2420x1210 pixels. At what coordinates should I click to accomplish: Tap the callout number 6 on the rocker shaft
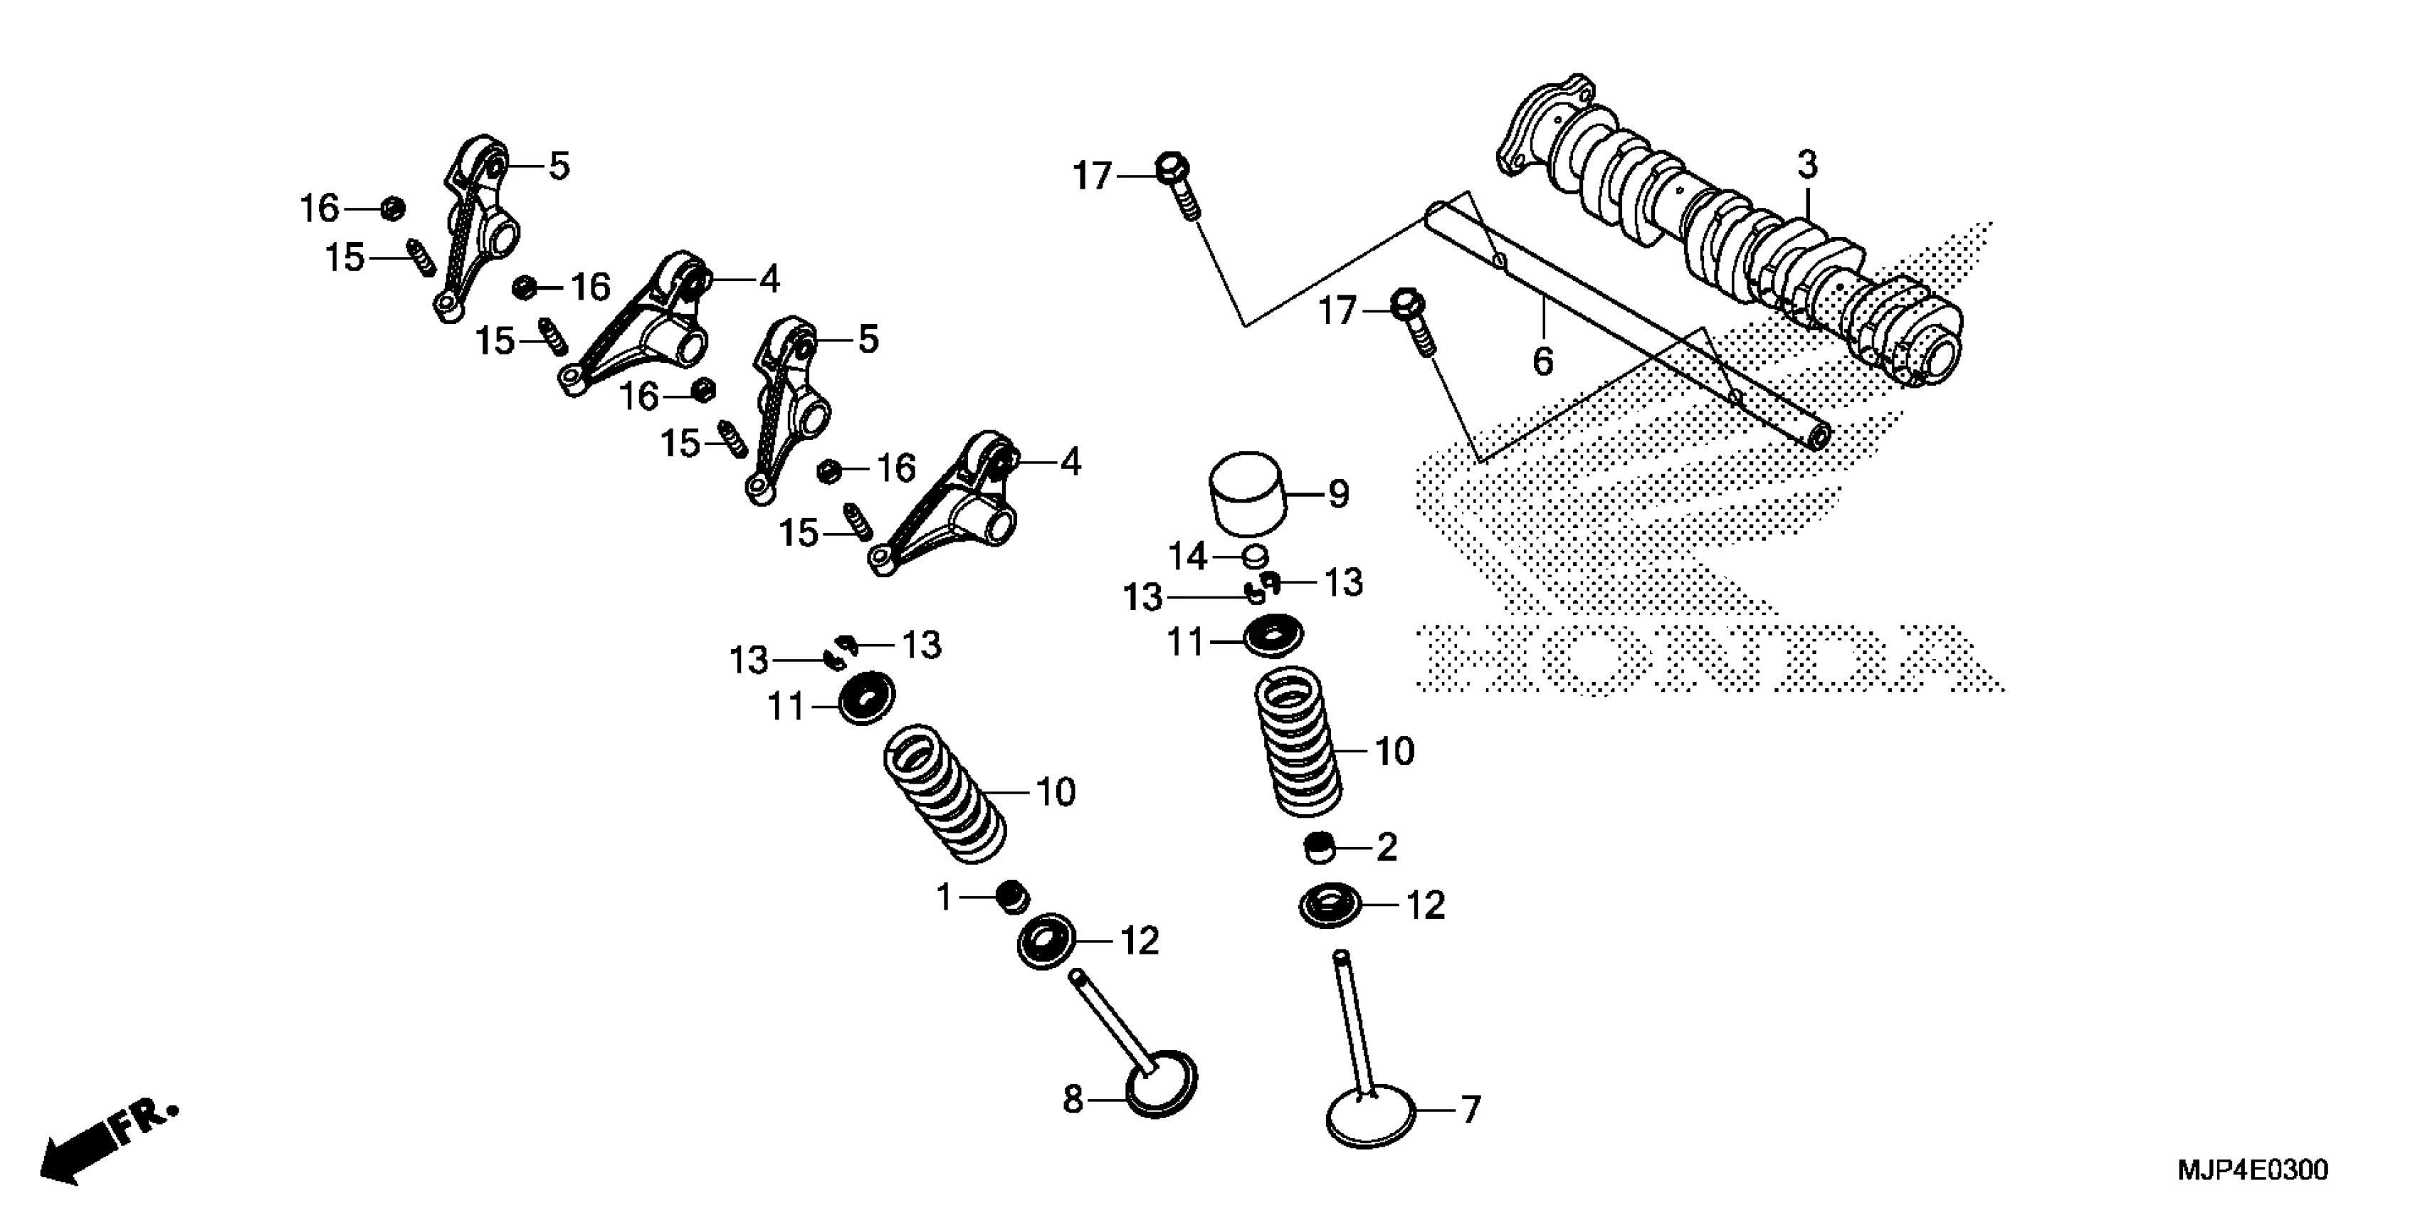1542,361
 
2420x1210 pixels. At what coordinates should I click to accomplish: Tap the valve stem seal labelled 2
1321,848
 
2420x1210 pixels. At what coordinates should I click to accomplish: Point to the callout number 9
1338,494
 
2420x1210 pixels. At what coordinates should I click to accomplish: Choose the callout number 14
1187,557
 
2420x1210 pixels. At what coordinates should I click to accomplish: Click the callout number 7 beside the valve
1471,1110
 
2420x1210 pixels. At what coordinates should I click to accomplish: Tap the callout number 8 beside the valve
1073,1098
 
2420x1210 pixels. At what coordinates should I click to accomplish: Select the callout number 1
944,899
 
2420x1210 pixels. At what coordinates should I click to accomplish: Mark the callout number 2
1387,848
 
